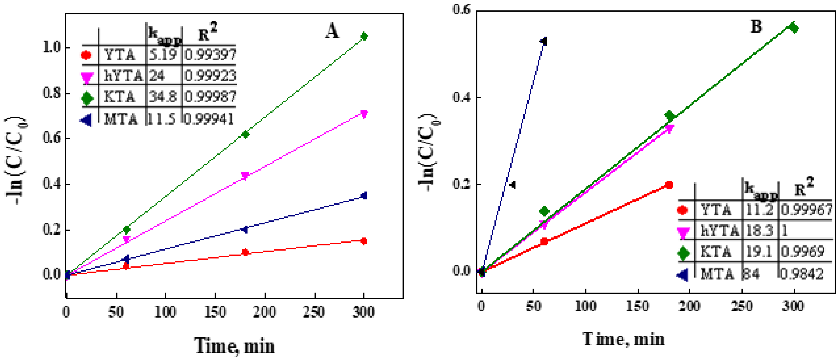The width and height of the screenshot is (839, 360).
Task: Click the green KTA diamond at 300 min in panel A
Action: pos(364,36)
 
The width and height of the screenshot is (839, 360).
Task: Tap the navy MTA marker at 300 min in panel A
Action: pos(364,195)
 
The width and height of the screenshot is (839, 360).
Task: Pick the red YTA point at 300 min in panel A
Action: pos(364,241)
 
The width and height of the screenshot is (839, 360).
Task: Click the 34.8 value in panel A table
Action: pos(162,97)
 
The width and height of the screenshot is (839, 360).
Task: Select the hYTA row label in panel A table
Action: pos(123,76)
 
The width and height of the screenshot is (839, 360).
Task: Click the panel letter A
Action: pos(332,32)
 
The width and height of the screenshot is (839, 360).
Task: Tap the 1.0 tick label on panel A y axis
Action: pos(52,47)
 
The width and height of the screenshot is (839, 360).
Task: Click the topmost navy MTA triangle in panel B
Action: pos(544,41)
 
